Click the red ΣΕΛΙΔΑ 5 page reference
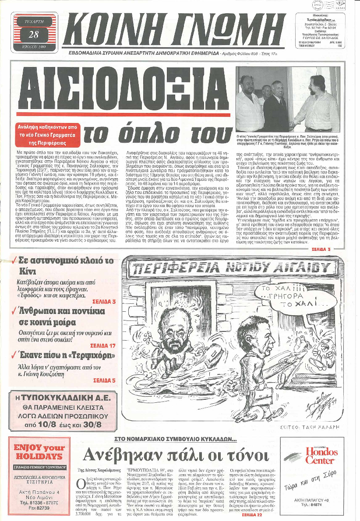[x=104, y=380]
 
